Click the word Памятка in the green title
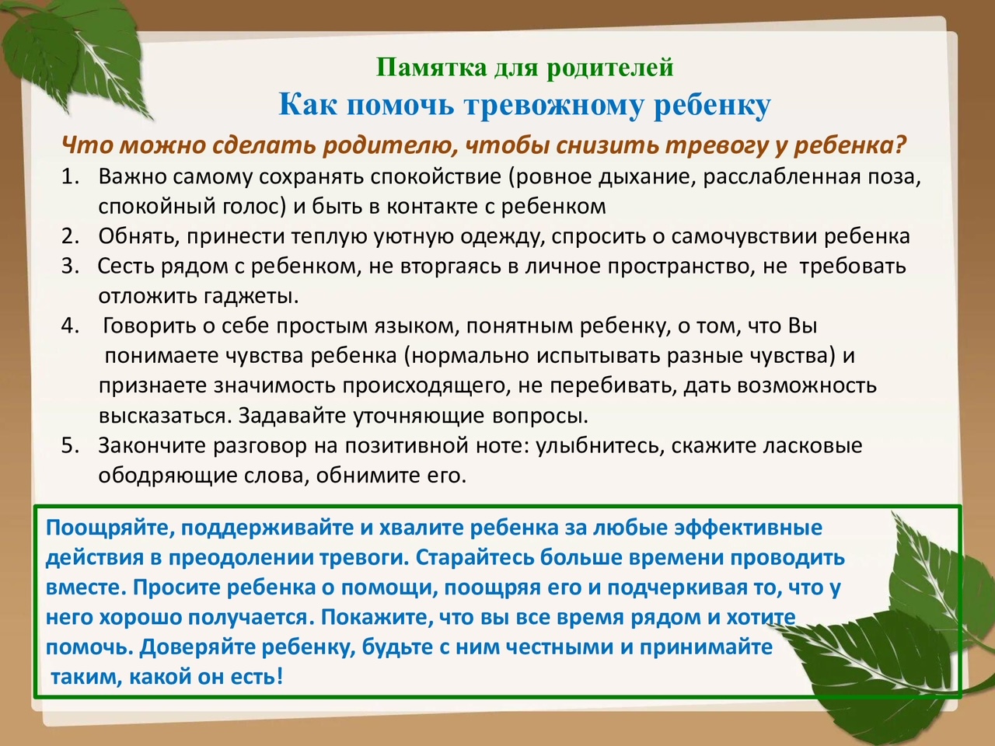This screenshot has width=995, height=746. [431, 68]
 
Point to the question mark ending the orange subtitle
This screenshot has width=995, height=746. [900, 145]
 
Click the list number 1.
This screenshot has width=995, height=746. [70, 176]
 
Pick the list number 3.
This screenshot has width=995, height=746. [70, 266]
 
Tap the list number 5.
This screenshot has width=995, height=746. [70, 446]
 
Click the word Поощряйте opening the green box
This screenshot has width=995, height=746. [110, 528]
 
